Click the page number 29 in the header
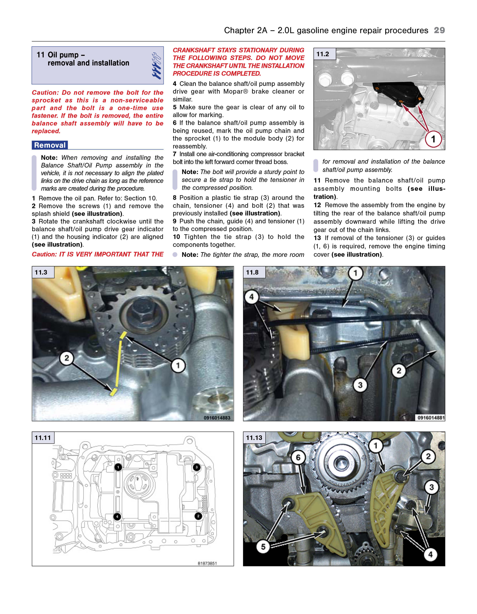point(439,30)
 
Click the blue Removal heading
point(50,145)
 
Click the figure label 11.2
point(323,54)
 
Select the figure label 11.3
point(41,272)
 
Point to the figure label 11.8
point(252,272)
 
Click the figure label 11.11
point(43,437)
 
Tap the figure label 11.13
point(254,437)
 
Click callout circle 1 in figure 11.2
point(433,139)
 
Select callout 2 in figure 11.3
point(67,358)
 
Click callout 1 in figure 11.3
point(178,365)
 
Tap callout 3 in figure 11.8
point(360,385)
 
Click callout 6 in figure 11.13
point(298,458)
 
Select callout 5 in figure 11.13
point(263,547)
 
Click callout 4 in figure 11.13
point(430,554)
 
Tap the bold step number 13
point(317,238)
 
